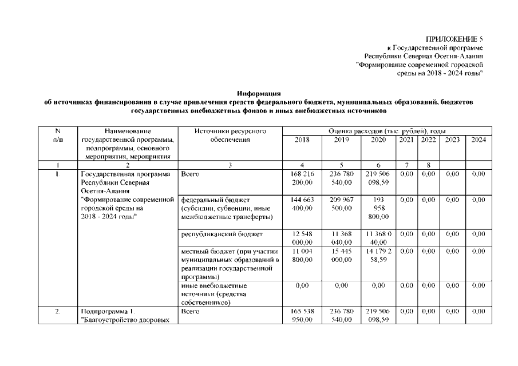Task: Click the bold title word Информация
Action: [x=259, y=93]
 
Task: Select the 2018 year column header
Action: [x=302, y=140]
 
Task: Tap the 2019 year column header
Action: [x=341, y=140]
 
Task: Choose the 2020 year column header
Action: [x=378, y=140]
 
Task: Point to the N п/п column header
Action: [x=58, y=136]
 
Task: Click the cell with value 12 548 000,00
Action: [x=302, y=237]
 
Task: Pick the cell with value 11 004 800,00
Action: [x=302, y=255]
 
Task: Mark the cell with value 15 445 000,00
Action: [x=341, y=255]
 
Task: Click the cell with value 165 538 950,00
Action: [x=302, y=316]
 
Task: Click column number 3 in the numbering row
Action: [x=230, y=165]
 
